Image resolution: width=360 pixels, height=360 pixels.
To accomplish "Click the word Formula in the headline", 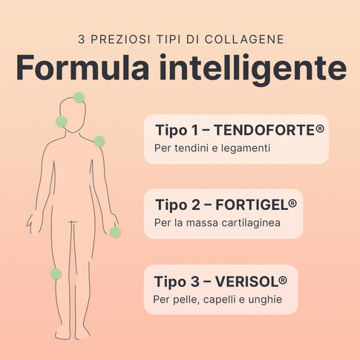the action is (x=82, y=68).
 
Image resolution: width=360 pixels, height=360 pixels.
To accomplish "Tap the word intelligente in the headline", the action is (x=253, y=70).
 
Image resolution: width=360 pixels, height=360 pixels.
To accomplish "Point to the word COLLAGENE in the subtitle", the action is (x=244, y=39).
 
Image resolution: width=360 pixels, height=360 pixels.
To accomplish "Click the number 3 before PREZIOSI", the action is (x=81, y=39).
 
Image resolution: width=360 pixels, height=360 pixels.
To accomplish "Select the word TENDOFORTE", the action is (x=264, y=131).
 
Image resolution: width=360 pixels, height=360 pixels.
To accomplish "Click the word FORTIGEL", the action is (x=252, y=205).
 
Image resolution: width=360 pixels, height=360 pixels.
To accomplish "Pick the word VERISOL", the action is (x=246, y=282).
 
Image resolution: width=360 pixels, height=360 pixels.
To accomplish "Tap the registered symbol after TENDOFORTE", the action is (x=320, y=129).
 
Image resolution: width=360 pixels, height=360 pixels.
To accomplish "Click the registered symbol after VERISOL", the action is (x=283, y=281).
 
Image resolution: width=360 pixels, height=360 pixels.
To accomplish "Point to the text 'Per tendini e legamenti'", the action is (x=212, y=148).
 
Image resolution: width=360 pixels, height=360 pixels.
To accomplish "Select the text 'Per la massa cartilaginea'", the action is (x=217, y=223).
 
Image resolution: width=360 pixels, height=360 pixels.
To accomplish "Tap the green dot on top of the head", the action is (x=79, y=97).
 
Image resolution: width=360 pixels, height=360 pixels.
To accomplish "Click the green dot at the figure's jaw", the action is (x=61, y=122).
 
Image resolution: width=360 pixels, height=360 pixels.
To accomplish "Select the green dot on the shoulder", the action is (x=99, y=141).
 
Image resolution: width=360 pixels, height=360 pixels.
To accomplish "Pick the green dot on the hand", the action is (x=115, y=232).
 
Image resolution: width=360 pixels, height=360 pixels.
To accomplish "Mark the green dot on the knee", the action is (x=56, y=274).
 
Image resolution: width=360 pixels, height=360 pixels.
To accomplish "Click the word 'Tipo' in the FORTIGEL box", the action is (x=171, y=206).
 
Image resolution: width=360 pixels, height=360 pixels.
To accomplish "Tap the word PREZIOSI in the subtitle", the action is (x=120, y=39).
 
